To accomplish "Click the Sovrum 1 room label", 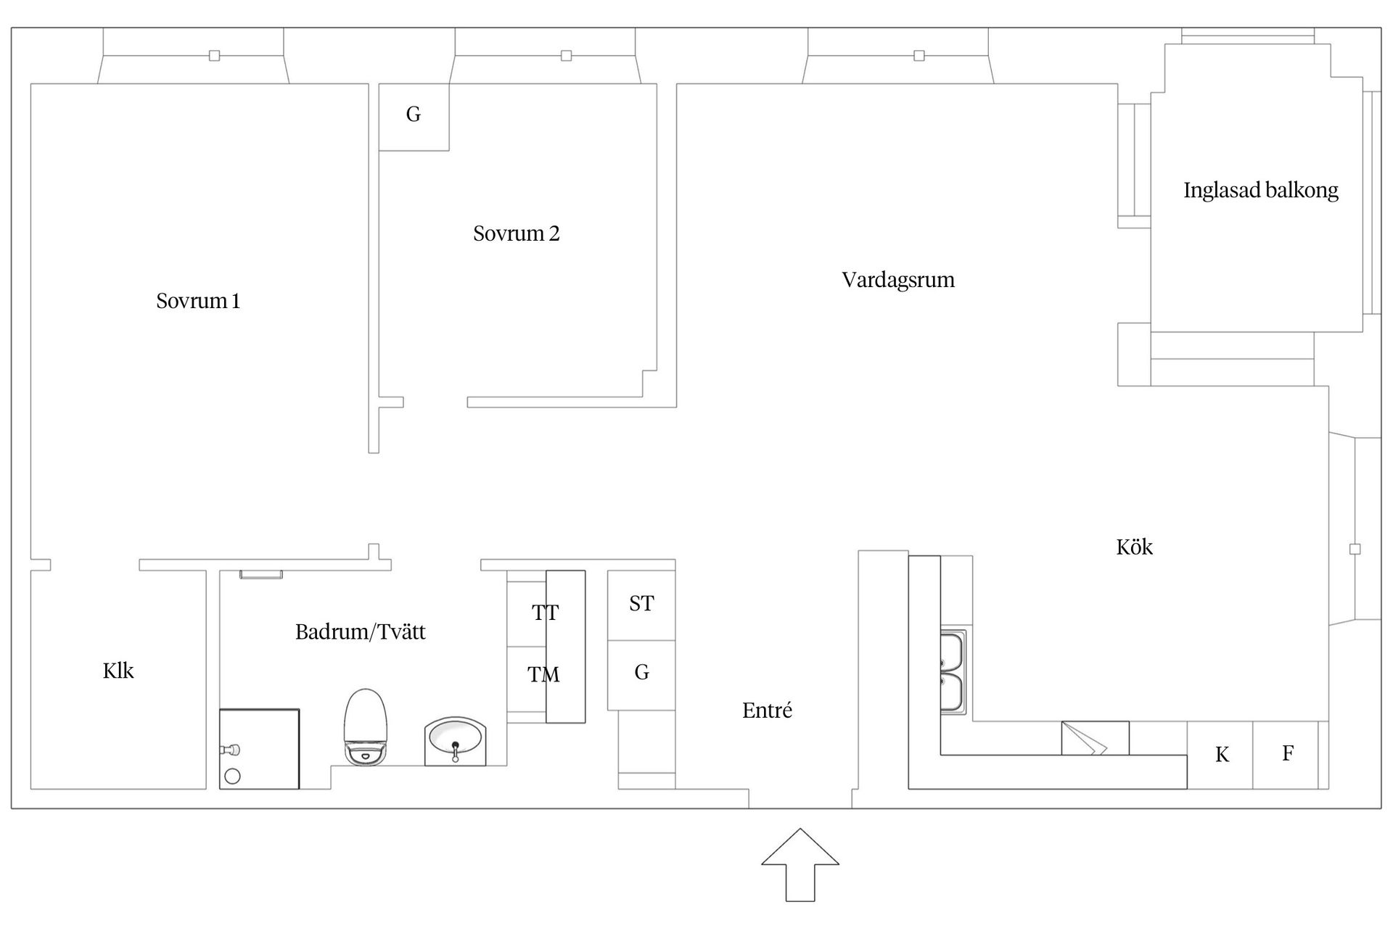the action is pos(198,301).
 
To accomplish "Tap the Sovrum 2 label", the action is pos(517,233).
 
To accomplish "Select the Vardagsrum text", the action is pos(898,280).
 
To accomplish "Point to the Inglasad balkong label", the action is pos(1261,190).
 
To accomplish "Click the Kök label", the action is pos(1135,547).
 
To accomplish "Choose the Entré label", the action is pos(767,710).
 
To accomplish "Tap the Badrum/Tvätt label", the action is pos(361,631).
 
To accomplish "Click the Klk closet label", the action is pos(118,671).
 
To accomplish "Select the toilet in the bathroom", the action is pos(365,726).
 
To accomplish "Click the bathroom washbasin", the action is pos(455,741).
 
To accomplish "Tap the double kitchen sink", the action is pos(953,673).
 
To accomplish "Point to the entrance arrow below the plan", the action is pos(800,865).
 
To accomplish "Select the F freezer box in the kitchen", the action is pos(1286,755).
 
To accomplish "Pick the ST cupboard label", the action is pos(641,603).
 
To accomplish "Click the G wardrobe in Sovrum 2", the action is pos(414,117).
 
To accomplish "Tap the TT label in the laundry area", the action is pos(545,613).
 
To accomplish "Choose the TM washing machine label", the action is pos(543,675).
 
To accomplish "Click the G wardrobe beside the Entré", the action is pos(641,675).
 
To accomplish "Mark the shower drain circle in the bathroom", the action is pos(232,776).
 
